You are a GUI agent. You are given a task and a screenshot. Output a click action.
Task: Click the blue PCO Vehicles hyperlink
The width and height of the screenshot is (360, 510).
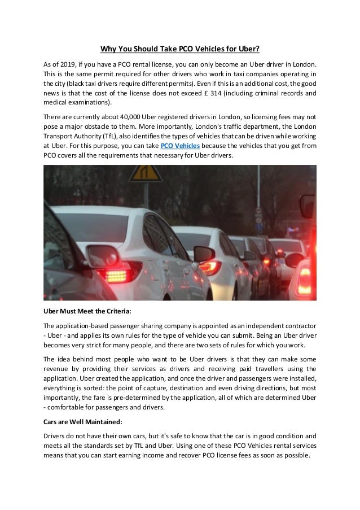click(180, 145)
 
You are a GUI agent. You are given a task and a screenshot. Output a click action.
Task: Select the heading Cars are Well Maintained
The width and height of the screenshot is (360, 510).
click(82, 421)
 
